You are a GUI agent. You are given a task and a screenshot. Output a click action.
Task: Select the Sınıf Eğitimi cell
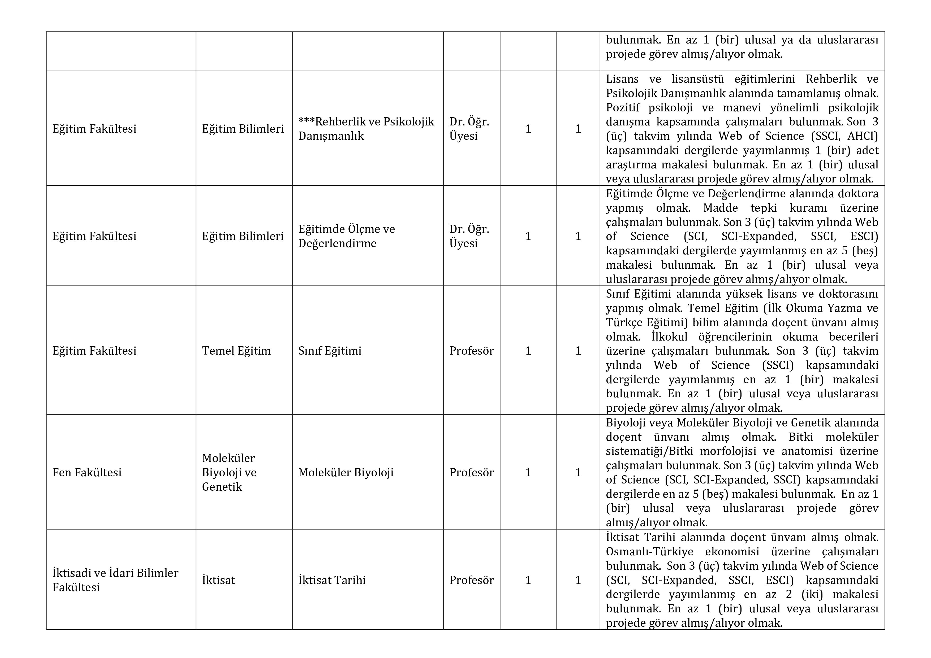coord(330,350)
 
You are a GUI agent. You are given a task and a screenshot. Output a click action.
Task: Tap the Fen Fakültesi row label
coord(87,472)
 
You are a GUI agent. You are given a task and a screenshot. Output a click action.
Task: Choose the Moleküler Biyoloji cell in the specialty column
coord(346,472)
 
